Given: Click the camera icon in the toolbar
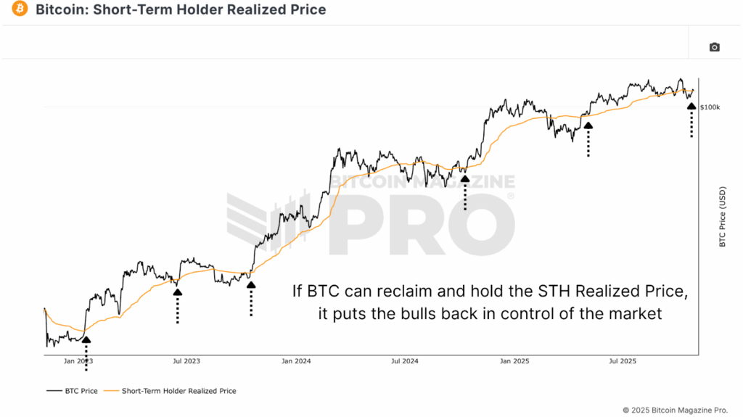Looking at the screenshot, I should click(x=714, y=47).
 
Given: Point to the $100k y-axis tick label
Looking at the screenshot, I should click(x=710, y=107).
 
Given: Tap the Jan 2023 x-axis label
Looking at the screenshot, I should click(x=78, y=360).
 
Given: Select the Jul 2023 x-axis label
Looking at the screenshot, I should click(x=187, y=360).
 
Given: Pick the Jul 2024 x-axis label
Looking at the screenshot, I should click(x=405, y=360).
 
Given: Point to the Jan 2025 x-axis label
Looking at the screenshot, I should click(x=514, y=360).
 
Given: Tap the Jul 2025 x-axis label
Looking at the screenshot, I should click(x=623, y=360).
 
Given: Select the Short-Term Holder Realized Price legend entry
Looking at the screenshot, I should click(x=171, y=391).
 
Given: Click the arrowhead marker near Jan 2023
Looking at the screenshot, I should click(x=86, y=339).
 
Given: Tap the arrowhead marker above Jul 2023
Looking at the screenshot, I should click(x=177, y=292).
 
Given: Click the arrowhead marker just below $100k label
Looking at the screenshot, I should click(x=691, y=106).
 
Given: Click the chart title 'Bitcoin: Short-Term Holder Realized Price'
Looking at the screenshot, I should click(x=181, y=9).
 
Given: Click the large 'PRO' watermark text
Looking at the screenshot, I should click(x=421, y=225).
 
